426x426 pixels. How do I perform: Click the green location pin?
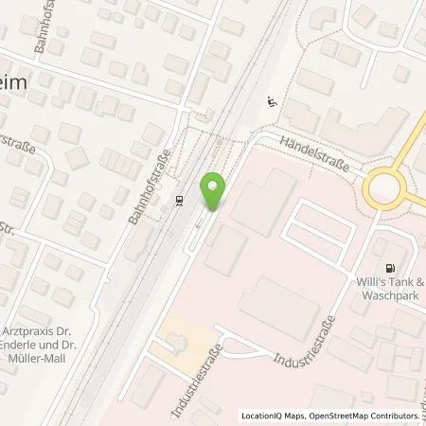(214, 191)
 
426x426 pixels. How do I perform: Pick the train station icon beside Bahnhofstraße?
(179, 200)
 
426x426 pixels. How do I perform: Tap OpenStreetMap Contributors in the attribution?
(364, 416)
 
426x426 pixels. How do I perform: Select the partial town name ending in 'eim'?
(18, 83)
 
